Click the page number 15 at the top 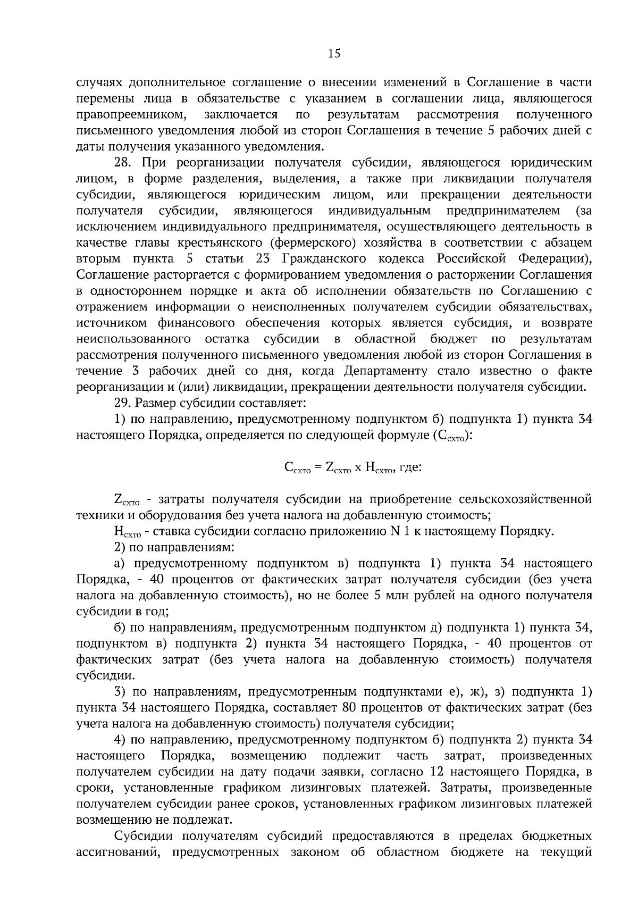334,53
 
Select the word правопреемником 132,114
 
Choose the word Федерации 555,259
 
